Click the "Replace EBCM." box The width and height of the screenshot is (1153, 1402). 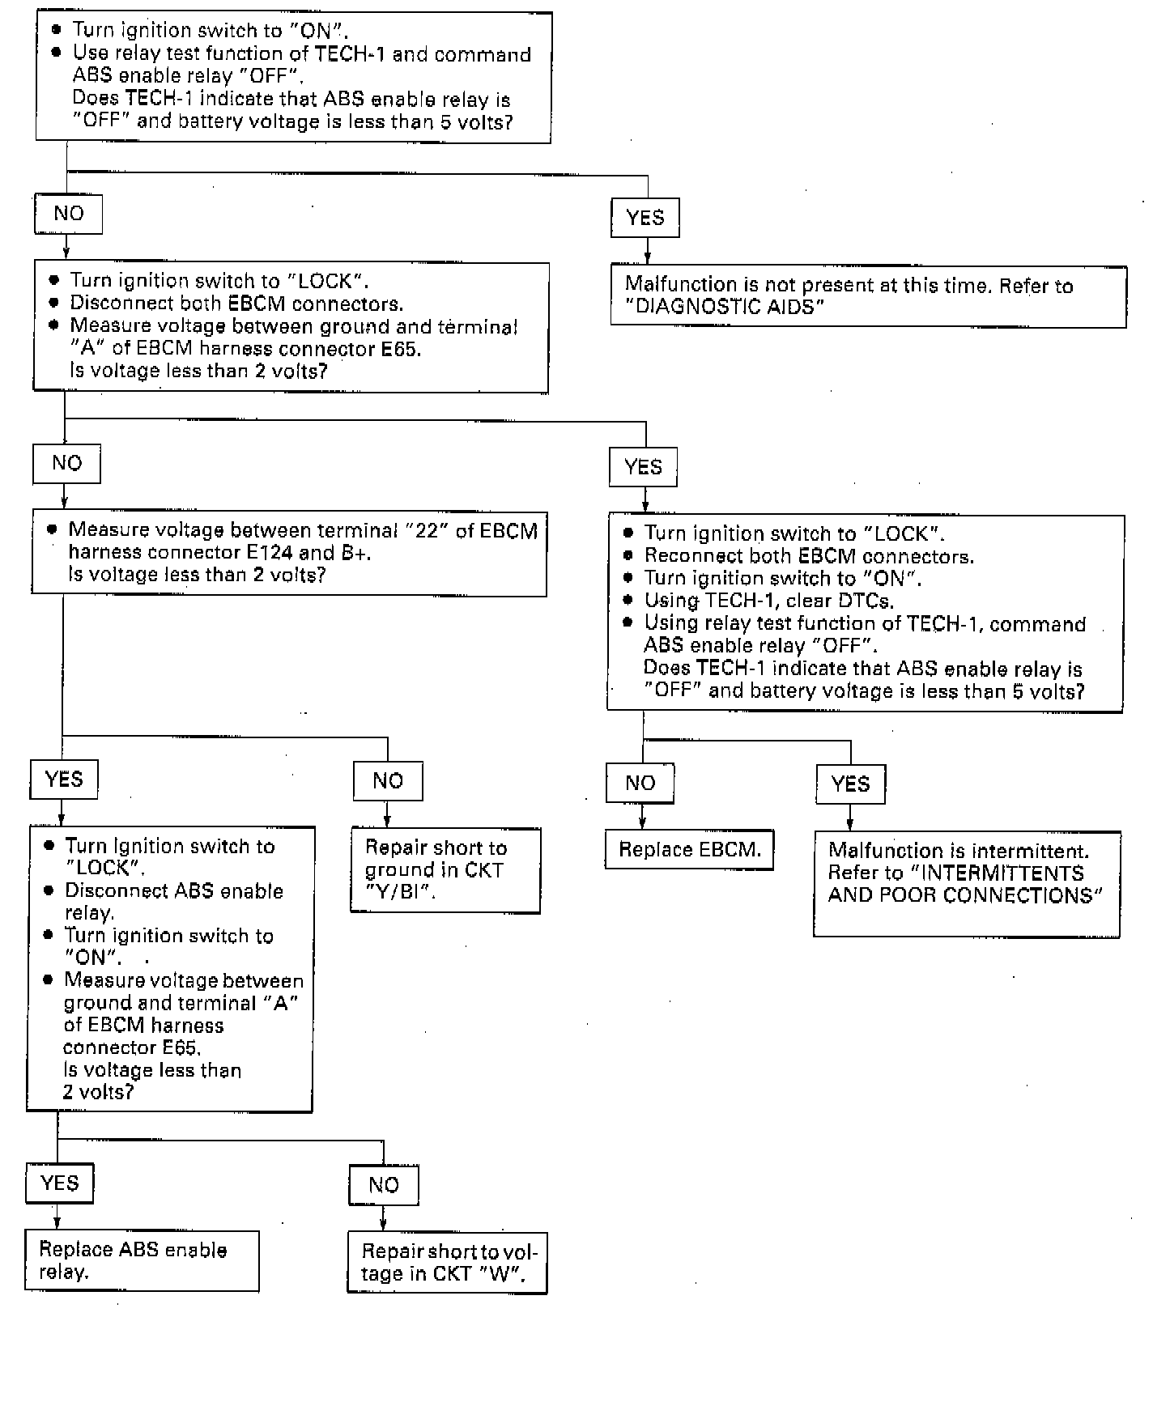pos(689,849)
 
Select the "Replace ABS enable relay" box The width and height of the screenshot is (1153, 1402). pos(142,1260)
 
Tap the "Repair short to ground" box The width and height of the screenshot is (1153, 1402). pos(445,870)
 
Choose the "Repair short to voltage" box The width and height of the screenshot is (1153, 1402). pos(447,1263)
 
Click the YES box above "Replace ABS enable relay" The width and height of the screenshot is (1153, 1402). pos(60,1183)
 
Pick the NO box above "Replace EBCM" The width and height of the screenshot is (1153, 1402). pos(640,783)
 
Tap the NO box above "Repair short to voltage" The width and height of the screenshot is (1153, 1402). pos(384,1185)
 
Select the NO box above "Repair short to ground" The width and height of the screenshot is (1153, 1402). pos(388,780)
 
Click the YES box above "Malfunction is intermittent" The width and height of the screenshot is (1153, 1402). pos(850,784)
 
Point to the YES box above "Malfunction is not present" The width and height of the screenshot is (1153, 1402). pos(645,218)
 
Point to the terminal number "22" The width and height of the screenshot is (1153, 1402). pos(426,531)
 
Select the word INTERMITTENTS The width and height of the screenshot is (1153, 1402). pos(1003,873)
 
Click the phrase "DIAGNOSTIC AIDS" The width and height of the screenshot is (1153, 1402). pos(726,308)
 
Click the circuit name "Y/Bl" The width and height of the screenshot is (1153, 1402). pos(393,892)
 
